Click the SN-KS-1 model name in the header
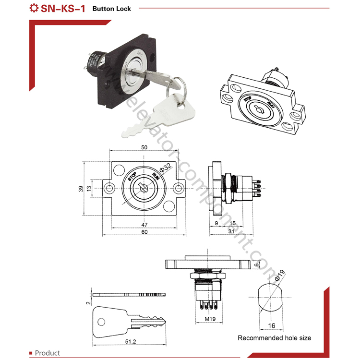coord(63,8)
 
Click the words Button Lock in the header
coord(111,9)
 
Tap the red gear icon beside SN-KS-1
coord(34,8)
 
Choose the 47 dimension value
coord(144,224)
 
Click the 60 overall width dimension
coord(144,232)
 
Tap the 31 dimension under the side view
coord(231,232)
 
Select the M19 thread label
coord(209,319)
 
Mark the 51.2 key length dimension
coord(130,342)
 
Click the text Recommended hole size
coord(274,338)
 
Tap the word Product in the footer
coord(48,353)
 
